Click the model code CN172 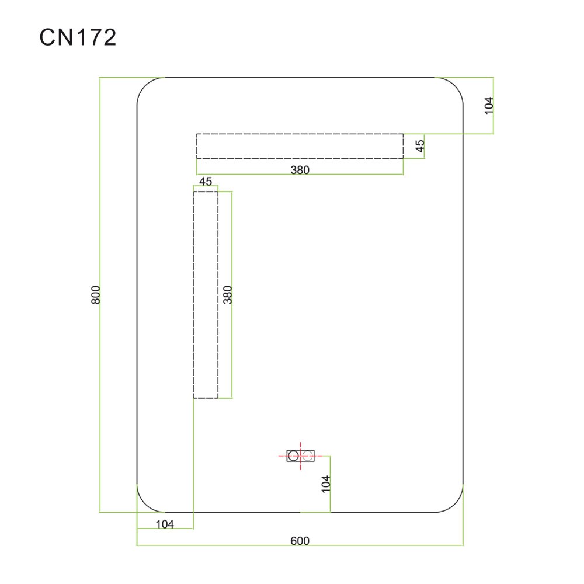click(x=78, y=37)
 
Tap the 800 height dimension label click(x=96, y=295)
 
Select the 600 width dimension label click(x=300, y=540)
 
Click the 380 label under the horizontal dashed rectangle click(x=300, y=170)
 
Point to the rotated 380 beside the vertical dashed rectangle click(x=228, y=295)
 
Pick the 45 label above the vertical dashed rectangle click(x=206, y=182)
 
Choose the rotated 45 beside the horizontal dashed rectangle click(x=420, y=146)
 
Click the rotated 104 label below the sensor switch click(x=326, y=484)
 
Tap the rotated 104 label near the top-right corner click(x=489, y=105)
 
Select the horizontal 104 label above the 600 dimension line click(x=165, y=524)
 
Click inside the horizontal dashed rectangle click(x=300, y=146)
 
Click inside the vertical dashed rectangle click(x=206, y=295)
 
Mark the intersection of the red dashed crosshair click(x=301, y=456)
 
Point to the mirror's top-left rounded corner click(x=145, y=86)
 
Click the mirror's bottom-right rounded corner click(x=455, y=504)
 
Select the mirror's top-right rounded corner click(x=455, y=86)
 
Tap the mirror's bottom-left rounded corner click(x=145, y=504)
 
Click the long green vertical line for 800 click(x=100, y=295)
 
